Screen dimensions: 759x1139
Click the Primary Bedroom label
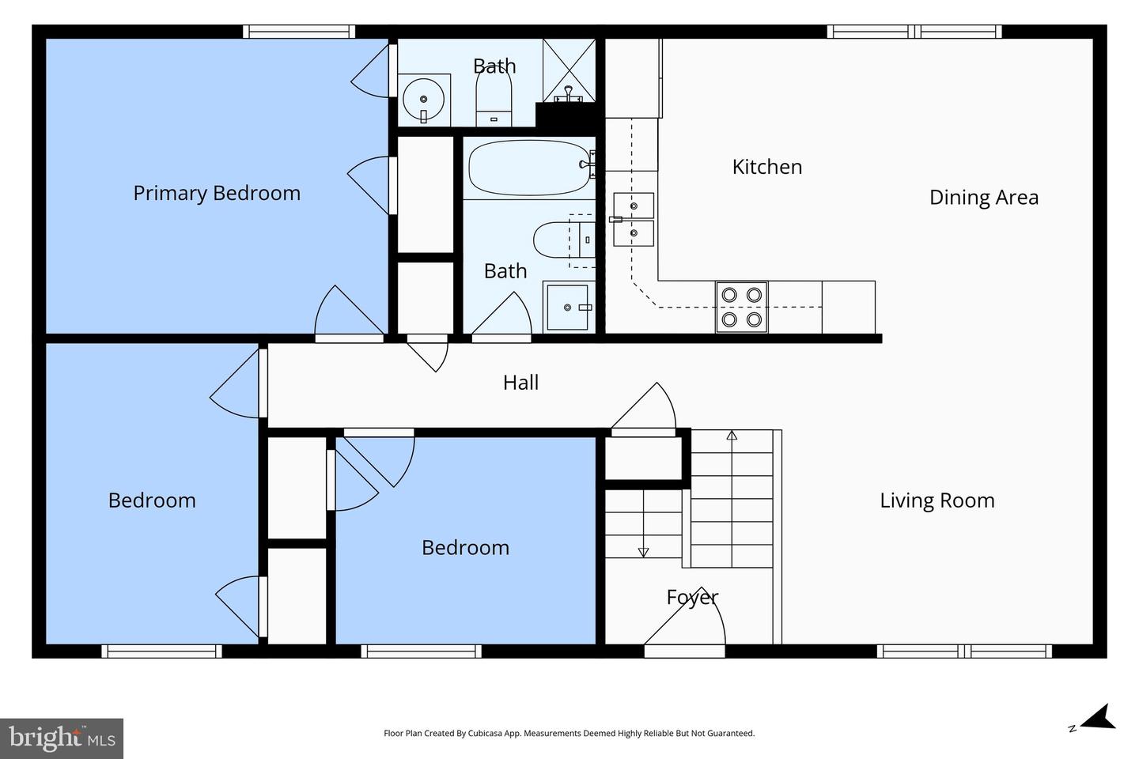click(x=216, y=193)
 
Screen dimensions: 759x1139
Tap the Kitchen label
click(x=766, y=167)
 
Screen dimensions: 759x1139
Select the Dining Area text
click(x=983, y=198)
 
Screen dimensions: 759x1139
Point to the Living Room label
click(x=937, y=500)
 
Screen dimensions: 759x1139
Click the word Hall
click(x=520, y=383)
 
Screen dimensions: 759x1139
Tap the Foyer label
click(x=692, y=597)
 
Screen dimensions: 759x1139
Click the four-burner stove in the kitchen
click(x=741, y=307)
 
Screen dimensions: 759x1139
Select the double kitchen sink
click(x=634, y=219)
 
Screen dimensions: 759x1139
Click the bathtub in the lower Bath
click(x=528, y=167)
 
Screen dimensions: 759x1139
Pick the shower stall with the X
click(x=568, y=70)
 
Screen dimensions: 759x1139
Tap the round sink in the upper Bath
click(x=424, y=100)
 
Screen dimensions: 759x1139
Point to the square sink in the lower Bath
click(x=567, y=308)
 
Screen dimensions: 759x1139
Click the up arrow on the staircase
click(x=732, y=435)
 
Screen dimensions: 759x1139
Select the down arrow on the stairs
click(x=643, y=552)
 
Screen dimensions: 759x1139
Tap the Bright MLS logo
click(x=62, y=738)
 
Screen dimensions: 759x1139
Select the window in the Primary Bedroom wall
click(x=298, y=32)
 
